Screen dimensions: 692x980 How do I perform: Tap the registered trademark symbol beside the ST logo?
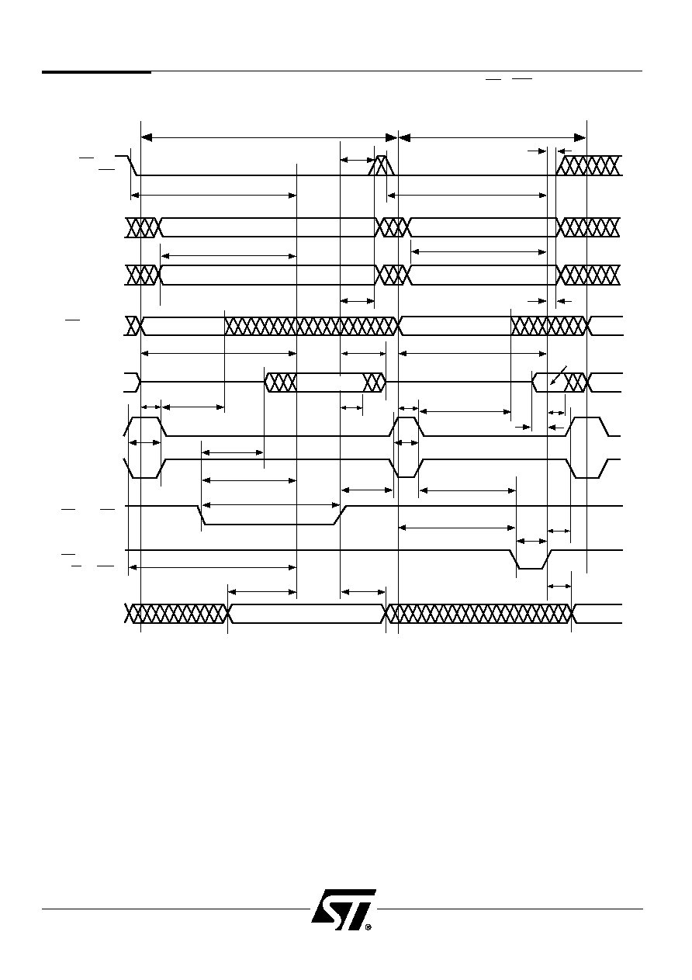pyautogui.click(x=368, y=926)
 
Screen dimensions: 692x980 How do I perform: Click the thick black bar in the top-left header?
pyautogui.click(x=96, y=71)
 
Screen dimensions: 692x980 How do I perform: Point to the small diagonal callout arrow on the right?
pyautogui.click(x=558, y=376)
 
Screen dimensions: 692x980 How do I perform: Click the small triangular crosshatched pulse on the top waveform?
pyautogui.click(x=382, y=165)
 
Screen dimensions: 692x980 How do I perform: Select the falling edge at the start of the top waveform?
pyautogui.click(x=133, y=165)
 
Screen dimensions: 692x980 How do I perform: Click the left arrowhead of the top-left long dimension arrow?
pyautogui.click(x=146, y=138)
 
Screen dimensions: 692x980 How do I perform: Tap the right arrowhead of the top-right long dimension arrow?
pyautogui.click(x=580, y=138)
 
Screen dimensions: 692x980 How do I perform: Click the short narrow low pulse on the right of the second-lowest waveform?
pyautogui.click(x=530, y=559)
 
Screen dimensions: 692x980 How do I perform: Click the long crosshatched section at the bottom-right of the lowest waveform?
pyautogui.click(x=479, y=614)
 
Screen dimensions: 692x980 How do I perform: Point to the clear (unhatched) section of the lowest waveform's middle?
pyautogui.click(x=306, y=614)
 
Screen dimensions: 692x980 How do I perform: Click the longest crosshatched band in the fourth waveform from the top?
pyautogui.click(x=311, y=326)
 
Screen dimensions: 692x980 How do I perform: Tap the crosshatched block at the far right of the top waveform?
pyautogui.click(x=589, y=165)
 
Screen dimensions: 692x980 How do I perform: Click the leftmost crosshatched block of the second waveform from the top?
pyautogui.click(x=143, y=227)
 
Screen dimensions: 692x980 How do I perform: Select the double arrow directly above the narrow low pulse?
pyautogui.click(x=532, y=541)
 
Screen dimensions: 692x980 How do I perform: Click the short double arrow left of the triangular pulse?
pyautogui.click(x=357, y=160)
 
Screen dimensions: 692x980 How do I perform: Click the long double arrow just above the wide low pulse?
pyautogui.click(x=272, y=505)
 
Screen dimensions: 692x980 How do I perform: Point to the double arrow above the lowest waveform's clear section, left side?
pyautogui.click(x=262, y=592)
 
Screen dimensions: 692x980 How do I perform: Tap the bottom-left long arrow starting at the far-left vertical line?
pyautogui.click(x=213, y=567)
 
